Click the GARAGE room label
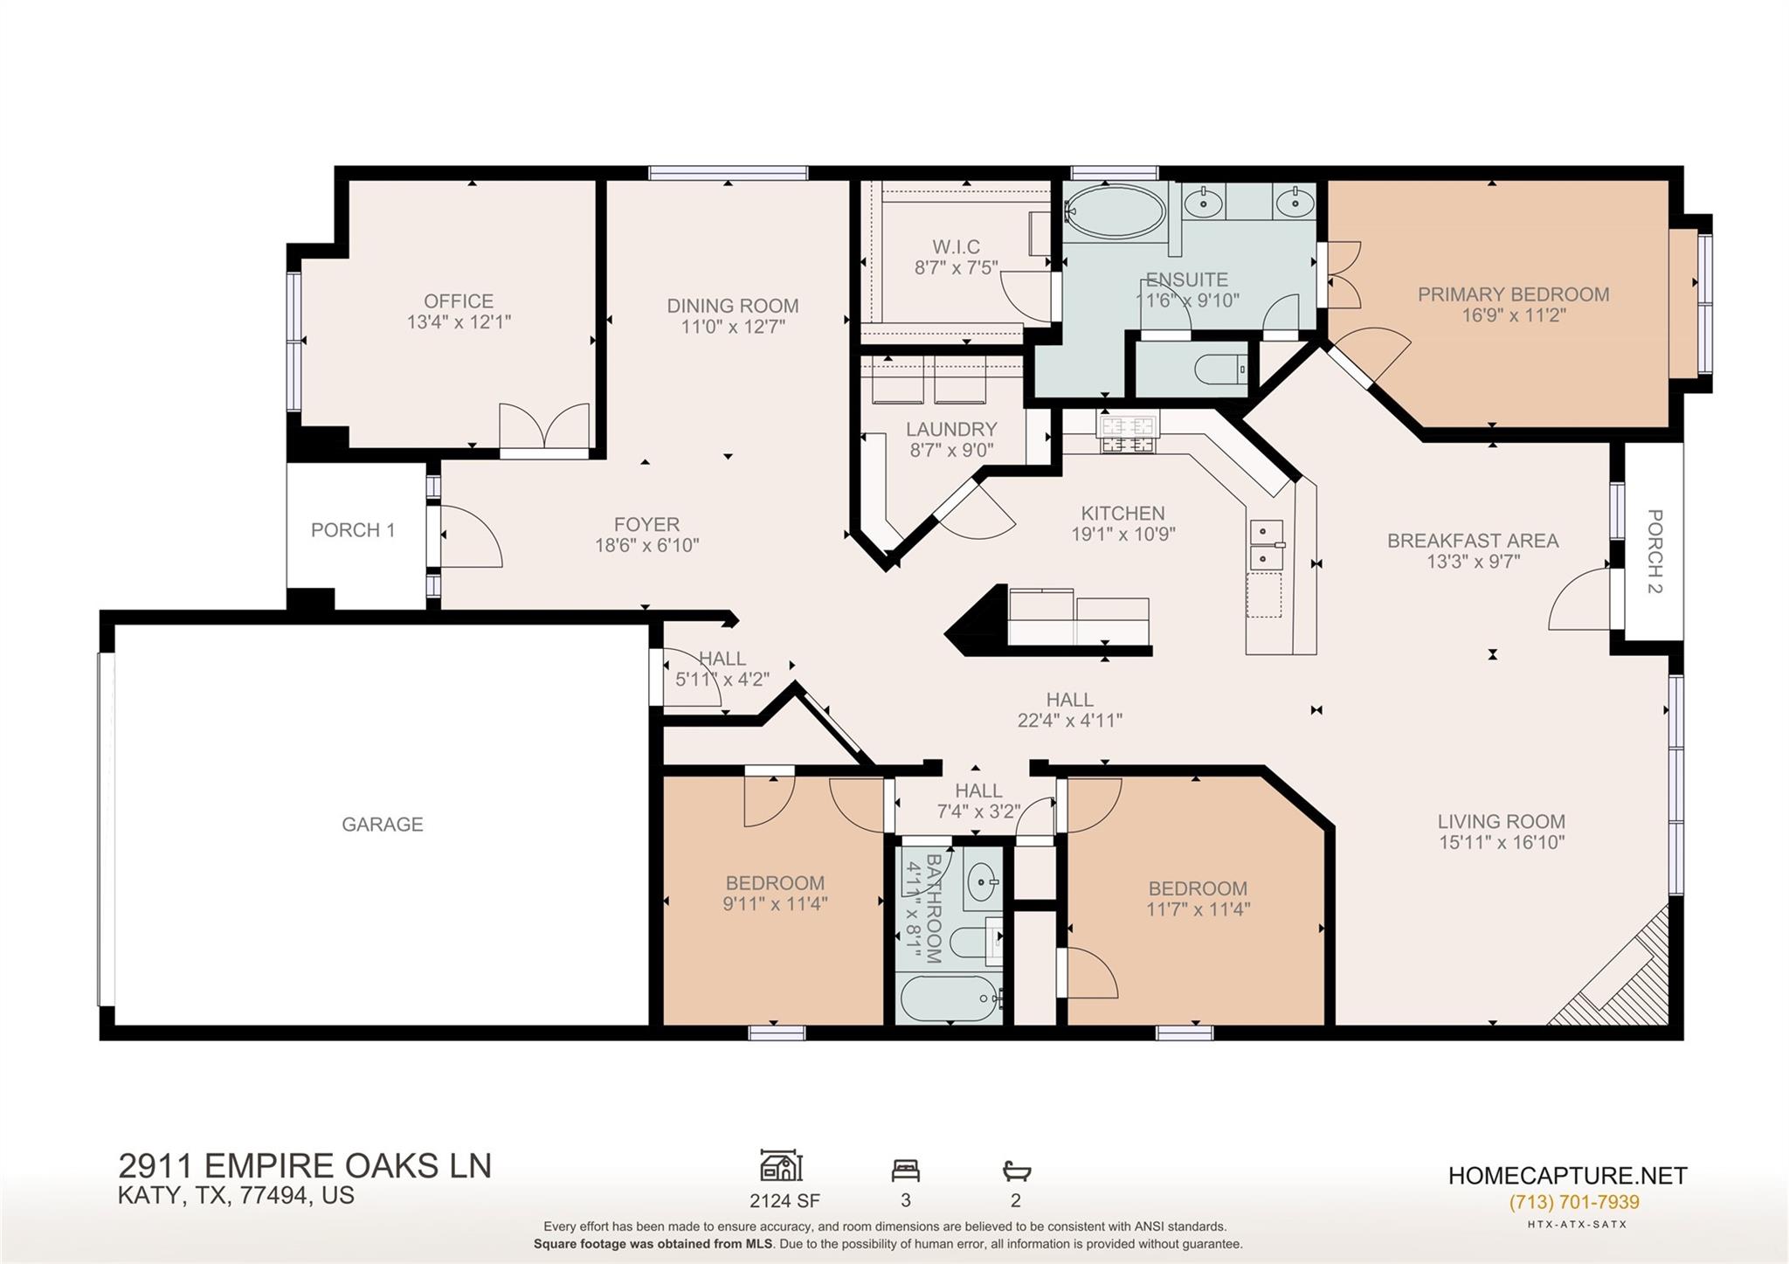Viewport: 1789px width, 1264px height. pos(382,824)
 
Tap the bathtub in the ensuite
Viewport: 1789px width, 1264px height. pos(1115,211)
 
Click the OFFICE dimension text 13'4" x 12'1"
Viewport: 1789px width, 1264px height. pos(459,321)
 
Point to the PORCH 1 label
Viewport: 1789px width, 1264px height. pos(353,530)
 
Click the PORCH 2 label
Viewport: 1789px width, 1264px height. pos(1654,551)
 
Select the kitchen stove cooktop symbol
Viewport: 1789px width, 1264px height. pos(1128,435)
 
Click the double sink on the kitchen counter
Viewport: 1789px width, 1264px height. pos(1266,544)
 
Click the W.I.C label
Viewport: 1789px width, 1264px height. pos(956,246)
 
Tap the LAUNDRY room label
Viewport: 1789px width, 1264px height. pos(951,429)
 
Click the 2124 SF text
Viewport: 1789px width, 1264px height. pos(784,1200)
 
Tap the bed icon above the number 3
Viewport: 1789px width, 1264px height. pos(905,1170)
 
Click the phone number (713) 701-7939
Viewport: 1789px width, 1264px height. pos(1573,1202)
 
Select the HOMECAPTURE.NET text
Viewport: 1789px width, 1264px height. pos(1567,1176)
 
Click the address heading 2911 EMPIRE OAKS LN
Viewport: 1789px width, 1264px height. pos(305,1165)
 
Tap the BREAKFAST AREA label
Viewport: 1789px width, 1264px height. pos(1473,541)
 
